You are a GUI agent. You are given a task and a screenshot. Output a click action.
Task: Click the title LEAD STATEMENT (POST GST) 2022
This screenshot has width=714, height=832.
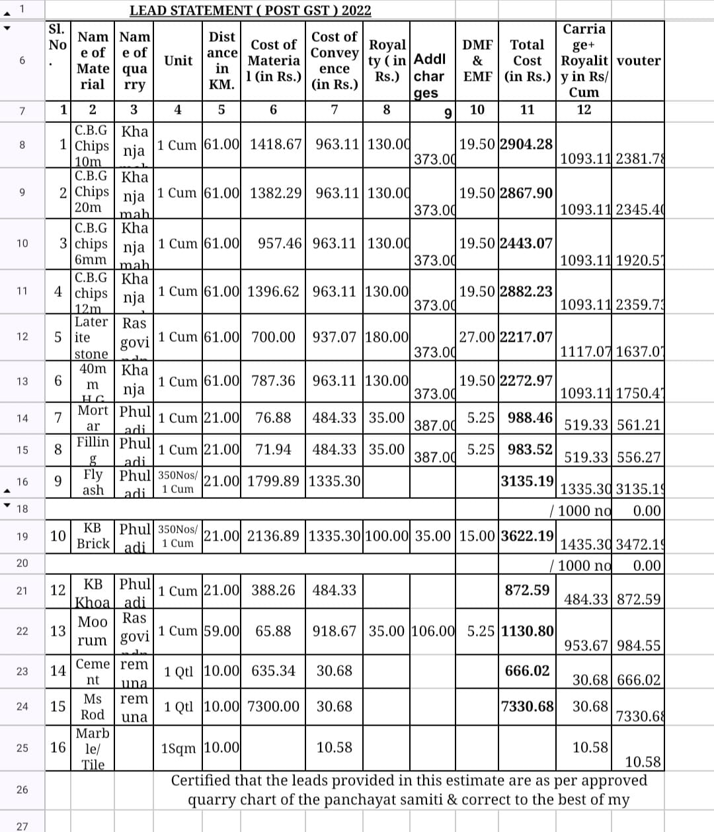click(250, 11)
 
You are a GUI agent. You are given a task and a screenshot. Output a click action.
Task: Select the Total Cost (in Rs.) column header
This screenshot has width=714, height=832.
click(527, 60)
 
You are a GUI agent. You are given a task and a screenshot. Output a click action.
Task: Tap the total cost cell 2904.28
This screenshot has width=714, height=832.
click(526, 144)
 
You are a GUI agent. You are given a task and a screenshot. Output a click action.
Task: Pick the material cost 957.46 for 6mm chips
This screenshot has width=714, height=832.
click(280, 243)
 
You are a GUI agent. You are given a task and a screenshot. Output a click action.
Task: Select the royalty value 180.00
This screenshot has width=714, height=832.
click(387, 337)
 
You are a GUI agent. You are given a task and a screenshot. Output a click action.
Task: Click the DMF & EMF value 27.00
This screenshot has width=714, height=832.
click(477, 337)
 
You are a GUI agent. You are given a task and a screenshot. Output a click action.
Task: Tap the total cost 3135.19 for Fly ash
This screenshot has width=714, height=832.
click(527, 480)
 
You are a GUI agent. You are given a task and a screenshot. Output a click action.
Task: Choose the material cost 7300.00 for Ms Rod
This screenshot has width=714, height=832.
click(273, 706)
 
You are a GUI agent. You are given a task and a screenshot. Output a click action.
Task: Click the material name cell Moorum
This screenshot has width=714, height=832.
click(93, 631)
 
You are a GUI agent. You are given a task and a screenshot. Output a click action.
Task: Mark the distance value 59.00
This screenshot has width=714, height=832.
click(221, 631)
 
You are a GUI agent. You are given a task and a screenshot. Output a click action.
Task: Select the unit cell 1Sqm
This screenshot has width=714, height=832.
click(178, 748)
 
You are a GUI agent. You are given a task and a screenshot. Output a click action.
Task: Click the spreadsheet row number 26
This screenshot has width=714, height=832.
click(22, 790)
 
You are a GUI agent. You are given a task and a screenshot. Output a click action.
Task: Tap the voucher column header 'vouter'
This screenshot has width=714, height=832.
click(639, 60)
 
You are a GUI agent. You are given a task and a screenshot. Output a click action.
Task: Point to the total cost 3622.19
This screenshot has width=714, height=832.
click(527, 535)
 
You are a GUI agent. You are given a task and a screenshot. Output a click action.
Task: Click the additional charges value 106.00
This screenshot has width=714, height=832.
click(432, 631)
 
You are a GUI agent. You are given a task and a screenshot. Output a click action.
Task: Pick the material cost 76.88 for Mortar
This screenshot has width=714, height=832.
click(273, 418)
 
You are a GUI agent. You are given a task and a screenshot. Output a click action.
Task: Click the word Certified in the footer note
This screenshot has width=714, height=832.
click(200, 780)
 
